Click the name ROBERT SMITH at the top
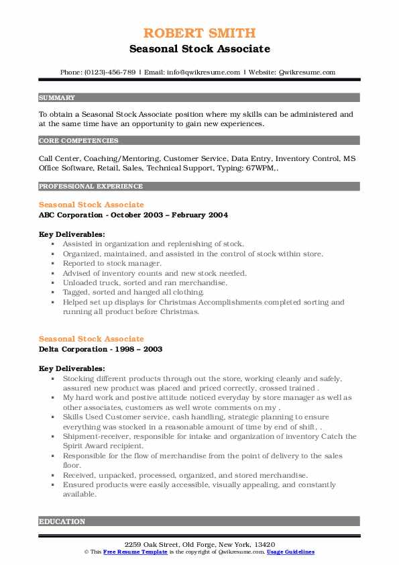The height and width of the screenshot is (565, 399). tap(199, 33)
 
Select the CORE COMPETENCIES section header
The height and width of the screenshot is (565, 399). tap(69, 141)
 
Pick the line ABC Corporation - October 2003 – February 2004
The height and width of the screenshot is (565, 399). tap(133, 215)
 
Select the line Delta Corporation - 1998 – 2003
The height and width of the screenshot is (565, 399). tap(100, 349)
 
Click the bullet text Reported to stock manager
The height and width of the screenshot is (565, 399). tap(107, 263)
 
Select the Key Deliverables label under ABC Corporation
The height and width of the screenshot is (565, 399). tap(72, 234)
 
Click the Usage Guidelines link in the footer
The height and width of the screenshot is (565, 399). tap(290, 552)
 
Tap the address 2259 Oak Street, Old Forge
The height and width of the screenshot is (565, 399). tap(199, 544)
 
